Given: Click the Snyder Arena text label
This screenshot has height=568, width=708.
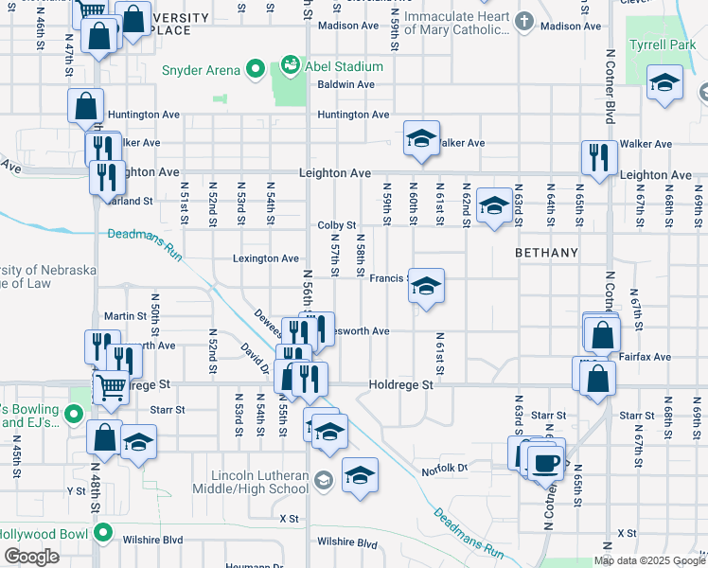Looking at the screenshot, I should [202, 69].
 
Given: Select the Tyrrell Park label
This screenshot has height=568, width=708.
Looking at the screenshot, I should [670, 44].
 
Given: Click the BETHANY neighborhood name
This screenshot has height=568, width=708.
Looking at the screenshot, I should [546, 253].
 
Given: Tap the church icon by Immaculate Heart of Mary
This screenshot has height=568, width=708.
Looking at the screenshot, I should [525, 20].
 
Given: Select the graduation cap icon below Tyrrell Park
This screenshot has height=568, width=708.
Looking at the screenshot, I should [665, 83].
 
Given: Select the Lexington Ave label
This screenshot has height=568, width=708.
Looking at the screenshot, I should [266, 258].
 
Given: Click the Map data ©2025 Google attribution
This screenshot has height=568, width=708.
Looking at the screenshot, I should [649, 560].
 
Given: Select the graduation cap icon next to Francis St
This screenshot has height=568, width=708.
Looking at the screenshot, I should [426, 287].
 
